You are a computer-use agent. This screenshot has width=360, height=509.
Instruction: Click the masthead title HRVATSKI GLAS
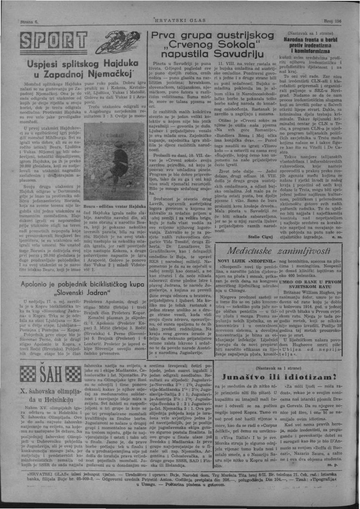[x=180, y=20]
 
